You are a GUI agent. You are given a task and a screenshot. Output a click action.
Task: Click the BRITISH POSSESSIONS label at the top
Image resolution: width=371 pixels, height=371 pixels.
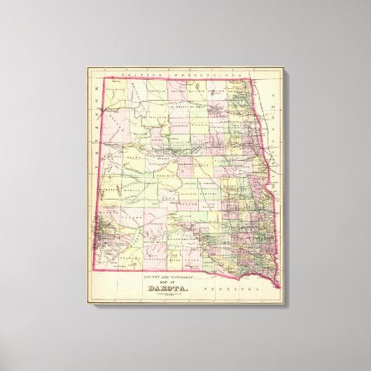coord(181,74)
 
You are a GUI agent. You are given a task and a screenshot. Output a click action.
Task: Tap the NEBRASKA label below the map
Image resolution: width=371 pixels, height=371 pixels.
coord(241,288)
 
